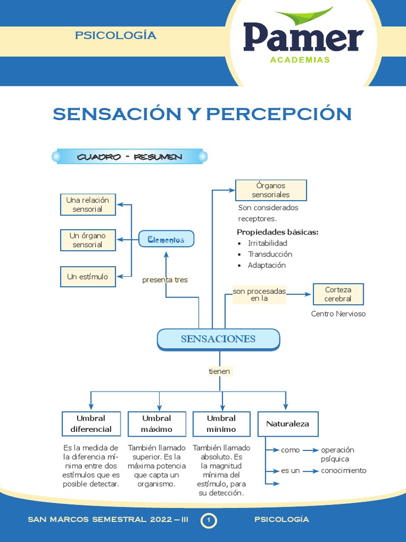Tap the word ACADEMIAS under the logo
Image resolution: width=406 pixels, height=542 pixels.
300,60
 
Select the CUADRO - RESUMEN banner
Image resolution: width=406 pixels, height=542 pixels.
130,157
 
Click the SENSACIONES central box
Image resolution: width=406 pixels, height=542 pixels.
218,339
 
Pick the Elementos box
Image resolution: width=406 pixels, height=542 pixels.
166,240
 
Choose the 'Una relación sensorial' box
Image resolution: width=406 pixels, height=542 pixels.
88,205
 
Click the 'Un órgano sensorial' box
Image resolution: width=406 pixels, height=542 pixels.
88,240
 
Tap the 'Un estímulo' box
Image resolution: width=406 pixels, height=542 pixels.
88,276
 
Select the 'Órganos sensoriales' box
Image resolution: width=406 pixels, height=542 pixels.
271,190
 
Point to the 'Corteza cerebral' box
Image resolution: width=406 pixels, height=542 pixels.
338,294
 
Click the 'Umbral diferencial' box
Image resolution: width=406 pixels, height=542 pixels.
91,423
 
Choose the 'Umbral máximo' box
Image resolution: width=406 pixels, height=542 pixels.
157,423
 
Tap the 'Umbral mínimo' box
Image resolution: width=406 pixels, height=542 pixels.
222,423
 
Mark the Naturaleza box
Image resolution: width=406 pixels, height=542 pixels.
288,423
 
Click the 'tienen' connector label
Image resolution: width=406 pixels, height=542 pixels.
219,372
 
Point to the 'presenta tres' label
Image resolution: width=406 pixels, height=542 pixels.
165,279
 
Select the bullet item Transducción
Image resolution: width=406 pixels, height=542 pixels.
270,254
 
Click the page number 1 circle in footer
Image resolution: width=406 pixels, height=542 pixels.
209,521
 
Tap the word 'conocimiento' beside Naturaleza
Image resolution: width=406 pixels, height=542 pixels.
344,471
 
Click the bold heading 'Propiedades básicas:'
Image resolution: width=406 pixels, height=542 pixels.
278,232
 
